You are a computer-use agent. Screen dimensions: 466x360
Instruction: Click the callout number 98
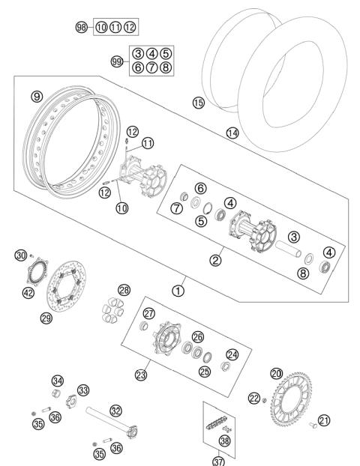81,27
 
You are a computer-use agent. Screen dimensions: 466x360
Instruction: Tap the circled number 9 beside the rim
34,97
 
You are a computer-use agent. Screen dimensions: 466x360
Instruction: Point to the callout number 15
198,103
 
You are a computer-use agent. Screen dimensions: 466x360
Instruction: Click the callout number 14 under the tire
233,133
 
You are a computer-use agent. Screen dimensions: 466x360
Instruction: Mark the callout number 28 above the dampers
124,290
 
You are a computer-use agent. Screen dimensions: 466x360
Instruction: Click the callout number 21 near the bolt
324,420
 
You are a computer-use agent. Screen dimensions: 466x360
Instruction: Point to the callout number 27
149,314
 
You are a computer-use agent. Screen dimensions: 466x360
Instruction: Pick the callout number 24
232,354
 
